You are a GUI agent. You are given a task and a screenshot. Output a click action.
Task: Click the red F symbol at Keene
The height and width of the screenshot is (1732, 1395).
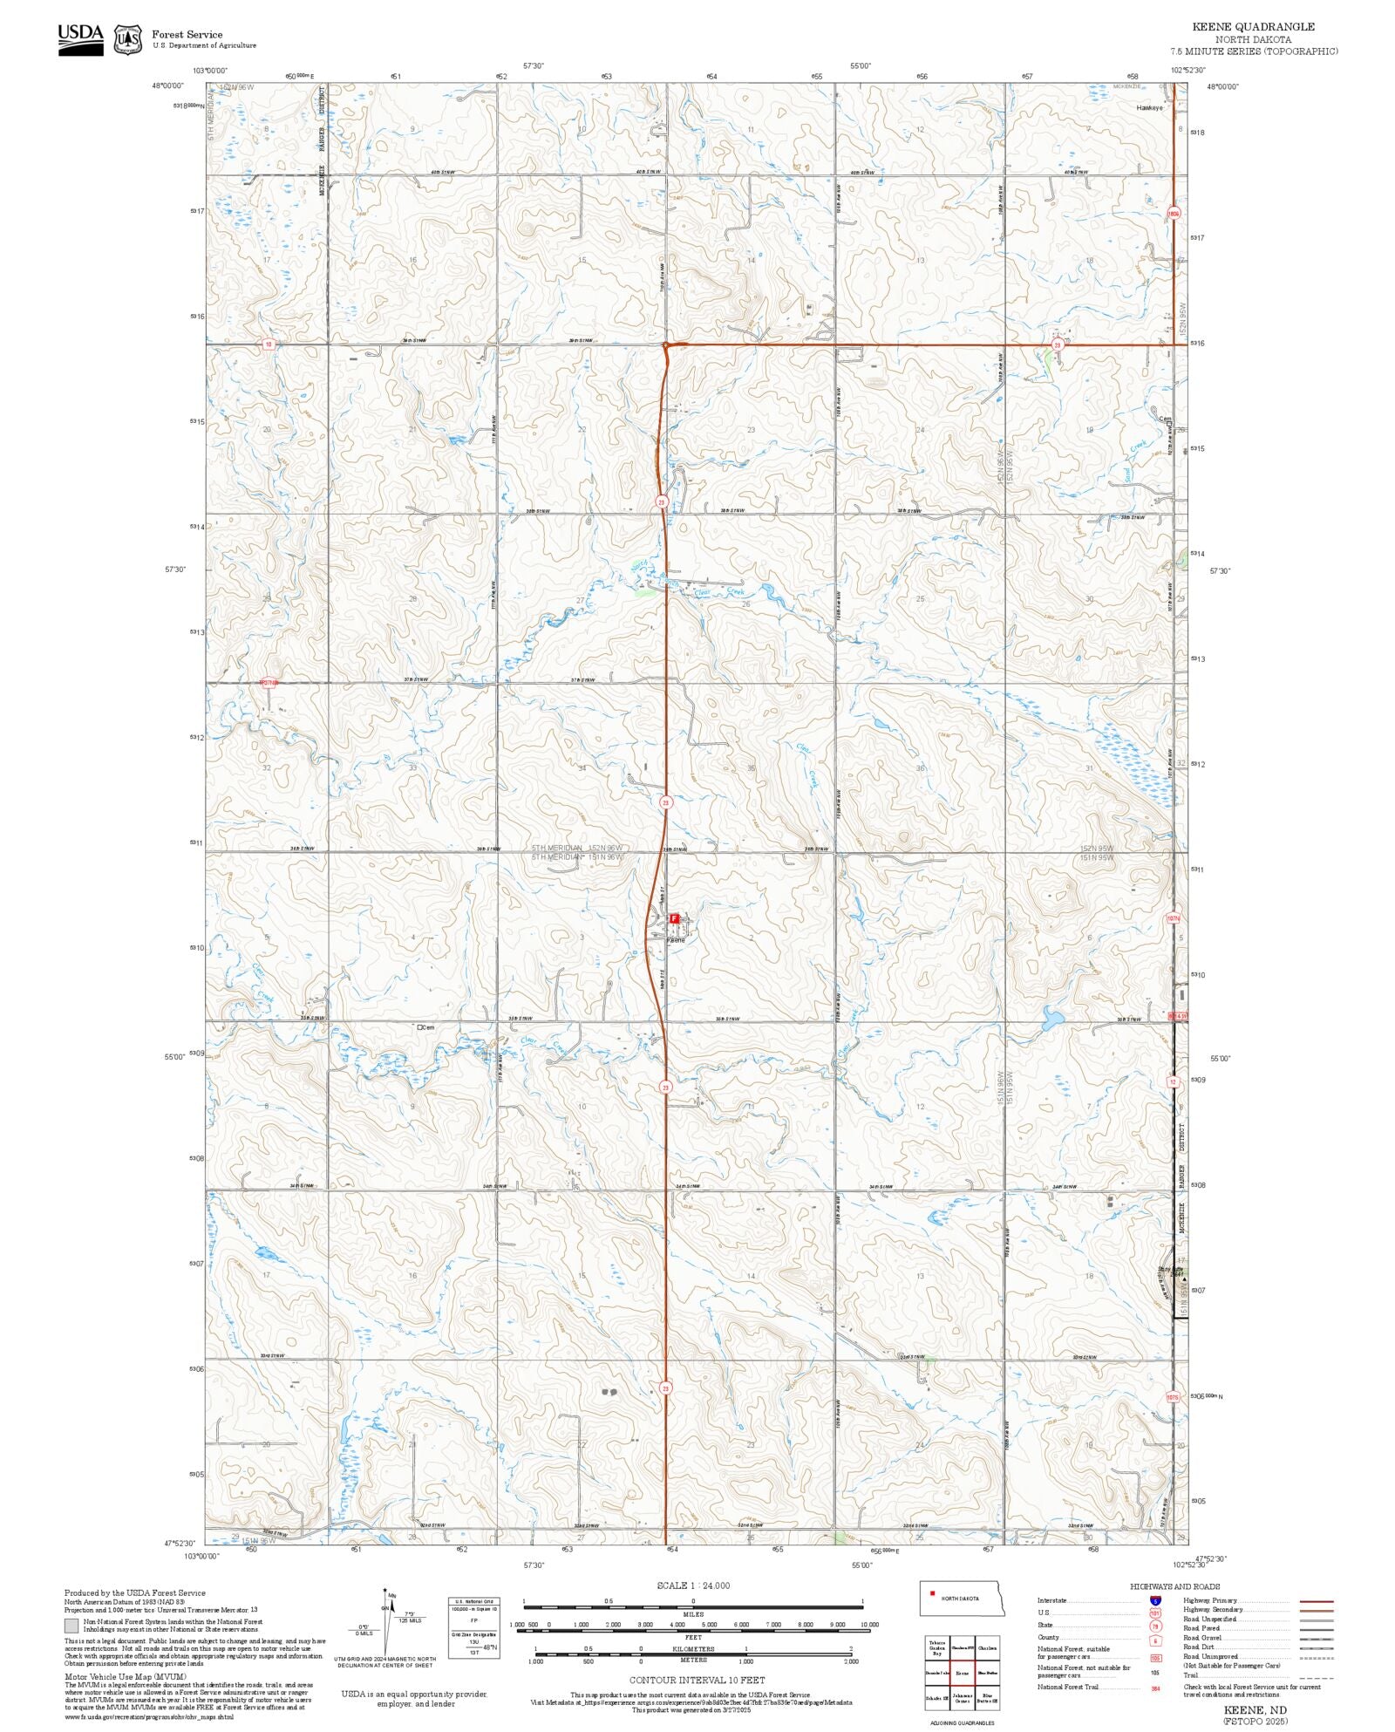(674, 918)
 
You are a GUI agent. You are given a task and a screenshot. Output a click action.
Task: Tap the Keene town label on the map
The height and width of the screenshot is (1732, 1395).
(676, 939)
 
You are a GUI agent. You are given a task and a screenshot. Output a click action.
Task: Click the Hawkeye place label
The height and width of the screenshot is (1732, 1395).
(1149, 108)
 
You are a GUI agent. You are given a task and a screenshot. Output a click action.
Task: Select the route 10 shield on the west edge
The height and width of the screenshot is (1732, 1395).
(269, 344)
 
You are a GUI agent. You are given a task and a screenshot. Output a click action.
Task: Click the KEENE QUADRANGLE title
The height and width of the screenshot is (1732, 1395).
(1253, 27)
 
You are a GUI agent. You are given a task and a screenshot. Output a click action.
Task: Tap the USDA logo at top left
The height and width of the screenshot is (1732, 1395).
(80, 40)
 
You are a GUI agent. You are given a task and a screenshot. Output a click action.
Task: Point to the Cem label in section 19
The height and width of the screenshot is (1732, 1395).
(1165, 419)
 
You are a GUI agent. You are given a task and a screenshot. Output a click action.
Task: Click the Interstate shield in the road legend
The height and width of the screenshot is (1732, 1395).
(1155, 1601)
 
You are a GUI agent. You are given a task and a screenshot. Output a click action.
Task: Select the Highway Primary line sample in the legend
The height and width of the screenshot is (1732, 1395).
(1316, 1601)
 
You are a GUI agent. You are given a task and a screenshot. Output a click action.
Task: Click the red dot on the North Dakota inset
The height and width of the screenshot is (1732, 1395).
(932, 1594)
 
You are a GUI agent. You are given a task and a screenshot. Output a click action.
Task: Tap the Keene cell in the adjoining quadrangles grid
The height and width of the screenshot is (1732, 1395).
(962, 1673)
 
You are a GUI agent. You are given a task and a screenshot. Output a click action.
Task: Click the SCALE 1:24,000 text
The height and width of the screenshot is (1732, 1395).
(693, 1585)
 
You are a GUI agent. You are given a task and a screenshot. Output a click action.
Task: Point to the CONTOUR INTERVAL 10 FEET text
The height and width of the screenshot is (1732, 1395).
(697, 1680)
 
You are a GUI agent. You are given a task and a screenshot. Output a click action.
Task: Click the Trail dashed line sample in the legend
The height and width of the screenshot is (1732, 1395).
(1316, 1675)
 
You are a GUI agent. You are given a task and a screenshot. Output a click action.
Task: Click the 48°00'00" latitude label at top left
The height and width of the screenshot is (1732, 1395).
(167, 85)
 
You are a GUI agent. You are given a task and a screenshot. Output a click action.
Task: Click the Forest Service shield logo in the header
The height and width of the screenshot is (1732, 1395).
(128, 40)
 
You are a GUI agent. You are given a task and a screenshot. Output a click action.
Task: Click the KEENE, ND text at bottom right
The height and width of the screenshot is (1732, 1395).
(1255, 1710)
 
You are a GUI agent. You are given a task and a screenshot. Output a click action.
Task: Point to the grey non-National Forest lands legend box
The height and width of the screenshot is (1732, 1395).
(71, 1626)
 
